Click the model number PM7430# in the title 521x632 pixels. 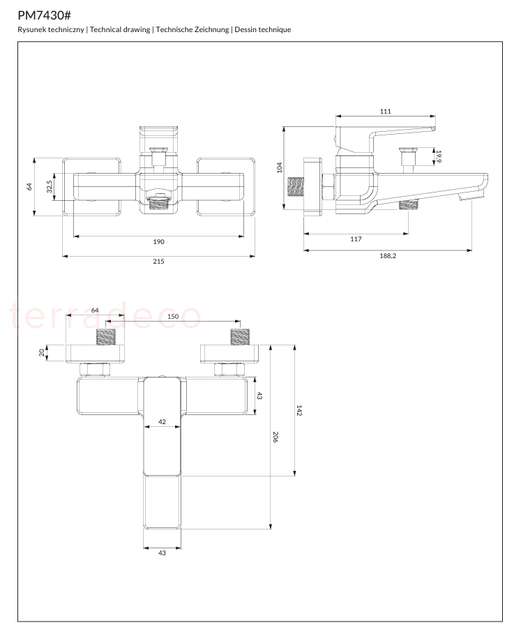click(x=45, y=15)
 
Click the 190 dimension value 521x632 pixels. click(x=159, y=242)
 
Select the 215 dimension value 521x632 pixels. click(x=159, y=261)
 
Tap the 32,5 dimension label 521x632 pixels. click(x=49, y=187)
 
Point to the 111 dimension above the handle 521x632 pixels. click(x=386, y=111)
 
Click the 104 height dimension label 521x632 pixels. click(x=279, y=167)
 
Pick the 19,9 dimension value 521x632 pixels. click(x=439, y=157)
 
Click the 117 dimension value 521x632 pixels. click(x=356, y=239)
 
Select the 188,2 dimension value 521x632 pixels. click(x=388, y=255)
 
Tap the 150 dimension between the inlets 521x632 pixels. click(x=173, y=317)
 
